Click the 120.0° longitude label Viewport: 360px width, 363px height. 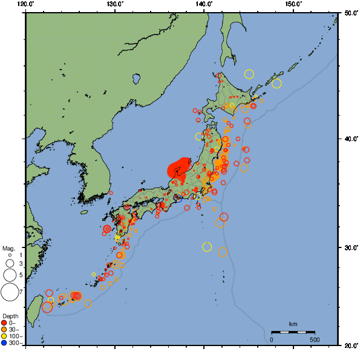pos(26,4)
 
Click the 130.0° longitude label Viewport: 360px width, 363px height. pos(115,4)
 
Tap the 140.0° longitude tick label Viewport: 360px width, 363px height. pos(204,4)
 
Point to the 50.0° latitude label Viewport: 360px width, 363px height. pos(351,13)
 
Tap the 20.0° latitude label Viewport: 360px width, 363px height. pos(351,345)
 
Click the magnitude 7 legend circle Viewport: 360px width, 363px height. pos(10,292)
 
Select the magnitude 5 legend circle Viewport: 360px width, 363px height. pos(10,275)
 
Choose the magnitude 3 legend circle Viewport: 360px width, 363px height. pos(10,264)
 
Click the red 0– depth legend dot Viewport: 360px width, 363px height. pos(4,322)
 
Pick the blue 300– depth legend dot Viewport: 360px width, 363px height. pos(4,342)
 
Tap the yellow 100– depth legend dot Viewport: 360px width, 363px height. pos(4,336)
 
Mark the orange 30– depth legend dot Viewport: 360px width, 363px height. pos(4,329)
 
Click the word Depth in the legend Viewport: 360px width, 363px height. pos(10,316)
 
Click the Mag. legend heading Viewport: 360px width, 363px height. pos(8,248)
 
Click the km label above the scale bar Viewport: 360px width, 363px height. pos(293,325)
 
